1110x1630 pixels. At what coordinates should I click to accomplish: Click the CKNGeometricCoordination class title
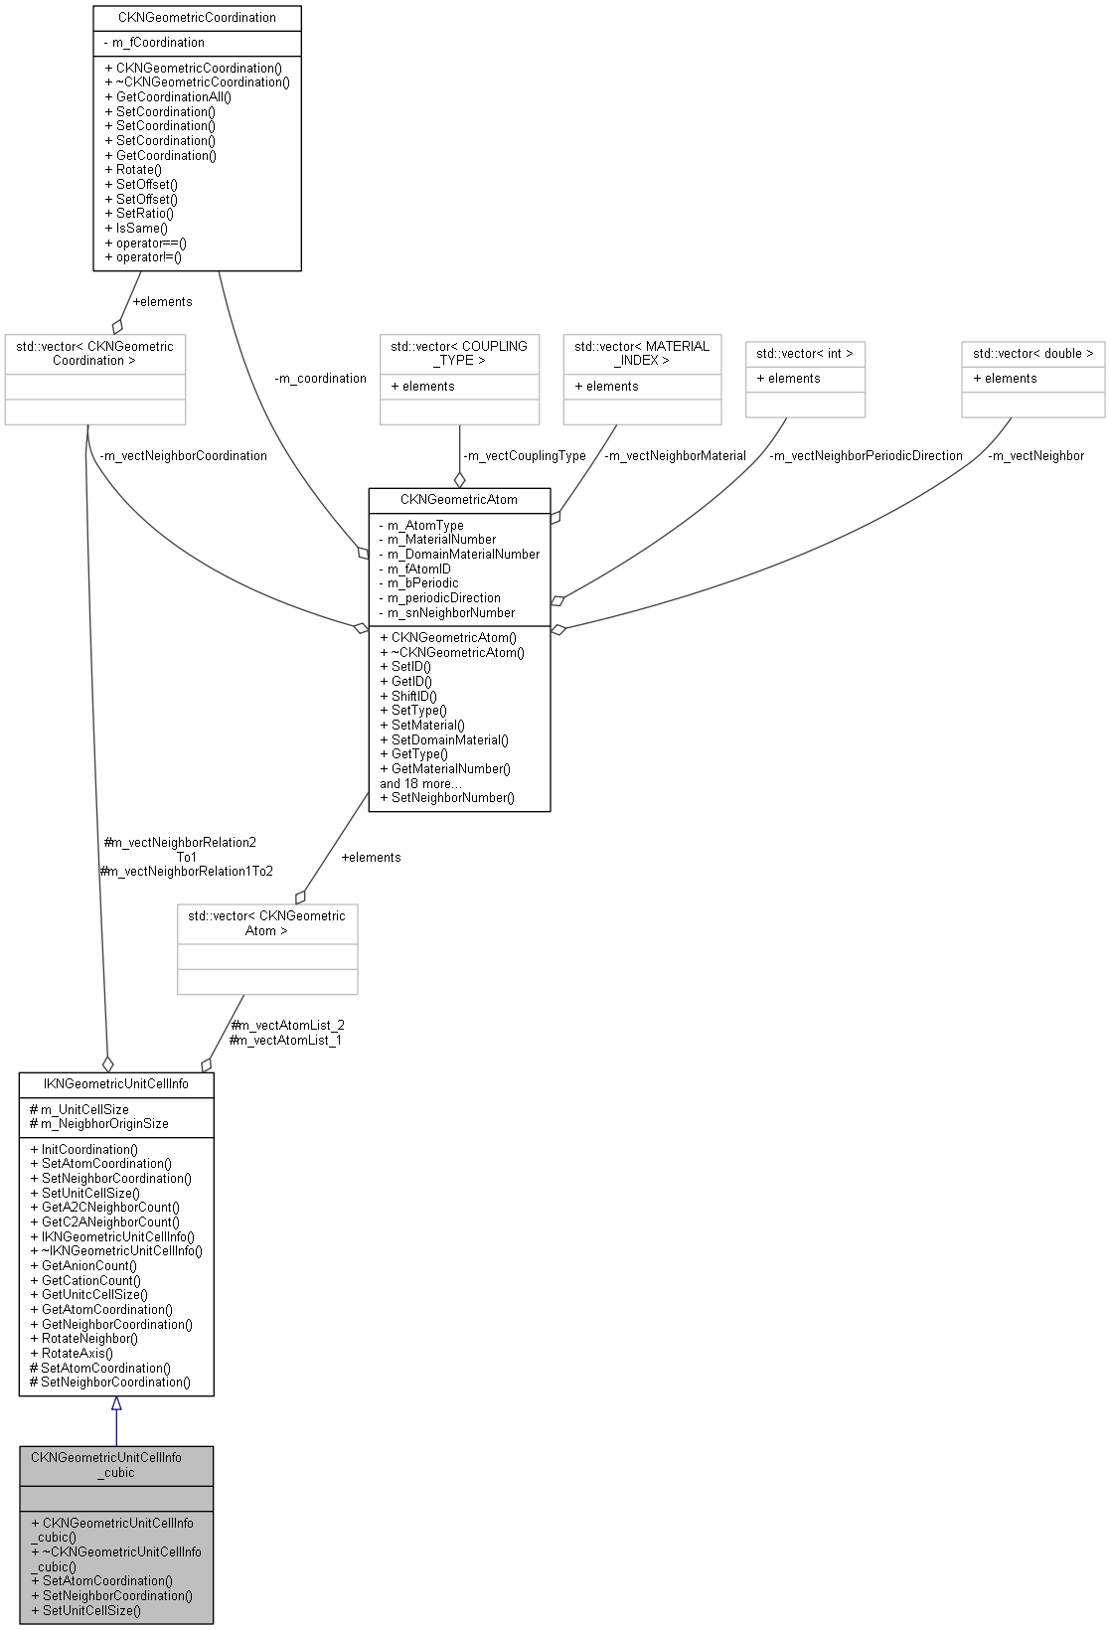point(197,17)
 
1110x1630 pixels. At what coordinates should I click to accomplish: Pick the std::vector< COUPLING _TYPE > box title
point(458,353)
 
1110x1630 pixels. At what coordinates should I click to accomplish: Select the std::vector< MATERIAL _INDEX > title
point(641,353)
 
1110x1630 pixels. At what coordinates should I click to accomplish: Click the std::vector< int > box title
point(804,353)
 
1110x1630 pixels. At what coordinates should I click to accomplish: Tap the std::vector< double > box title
point(1031,353)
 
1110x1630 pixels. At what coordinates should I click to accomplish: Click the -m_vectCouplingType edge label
point(524,456)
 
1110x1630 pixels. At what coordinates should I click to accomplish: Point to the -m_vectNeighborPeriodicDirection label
point(866,456)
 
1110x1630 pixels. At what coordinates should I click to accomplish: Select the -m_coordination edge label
point(320,379)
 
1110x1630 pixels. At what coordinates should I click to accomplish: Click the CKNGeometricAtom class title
point(458,499)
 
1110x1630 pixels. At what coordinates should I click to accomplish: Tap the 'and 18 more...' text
point(421,783)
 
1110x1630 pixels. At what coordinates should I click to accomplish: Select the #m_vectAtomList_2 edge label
point(287,1025)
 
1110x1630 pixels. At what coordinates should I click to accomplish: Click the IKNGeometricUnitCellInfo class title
point(116,1083)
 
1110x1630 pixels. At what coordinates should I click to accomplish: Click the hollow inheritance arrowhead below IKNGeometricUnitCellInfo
point(116,1403)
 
